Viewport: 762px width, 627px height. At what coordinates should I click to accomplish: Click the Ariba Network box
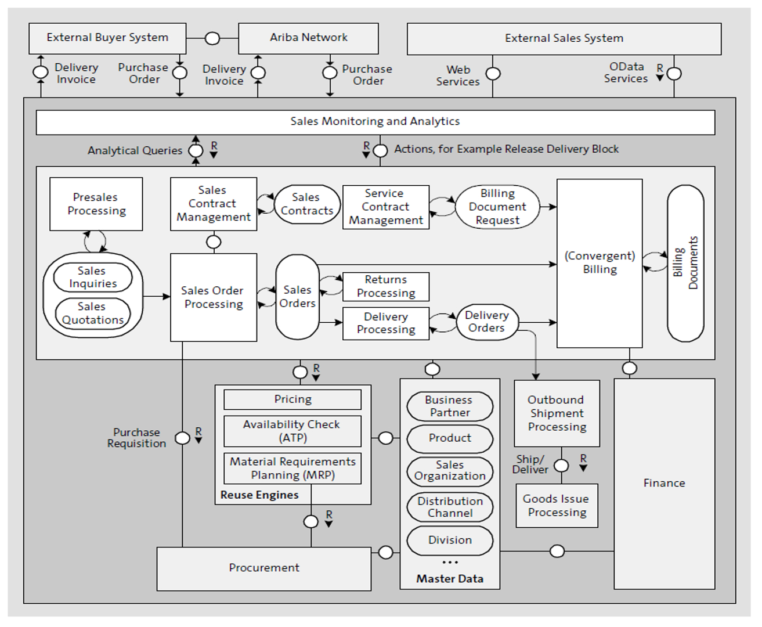click(308, 39)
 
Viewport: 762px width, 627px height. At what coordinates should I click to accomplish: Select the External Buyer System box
click(107, 39)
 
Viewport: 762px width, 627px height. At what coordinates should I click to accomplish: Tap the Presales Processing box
click(96, 204)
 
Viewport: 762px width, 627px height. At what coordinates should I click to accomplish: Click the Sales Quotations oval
click(93, 313)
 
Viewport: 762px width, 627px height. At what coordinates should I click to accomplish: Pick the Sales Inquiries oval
click(93, 277)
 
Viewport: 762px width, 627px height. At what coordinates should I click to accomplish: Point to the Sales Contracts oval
click(307, 204)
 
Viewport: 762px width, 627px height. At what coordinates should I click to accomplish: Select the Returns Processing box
click(386, 287)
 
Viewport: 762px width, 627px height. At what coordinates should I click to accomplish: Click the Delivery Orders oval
click(487, 322)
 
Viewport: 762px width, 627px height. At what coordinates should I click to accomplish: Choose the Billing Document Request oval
click(497, 207)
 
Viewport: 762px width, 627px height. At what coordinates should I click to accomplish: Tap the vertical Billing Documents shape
click(685, 263)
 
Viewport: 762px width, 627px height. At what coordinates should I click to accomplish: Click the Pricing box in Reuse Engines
click(292, 399)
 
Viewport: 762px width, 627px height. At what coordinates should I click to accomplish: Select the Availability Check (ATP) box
click(292, 431)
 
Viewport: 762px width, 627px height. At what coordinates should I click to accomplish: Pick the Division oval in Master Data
click(450, 540)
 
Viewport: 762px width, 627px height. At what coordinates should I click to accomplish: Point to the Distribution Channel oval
click(450, 507)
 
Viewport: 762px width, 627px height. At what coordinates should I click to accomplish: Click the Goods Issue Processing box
click(557, 506)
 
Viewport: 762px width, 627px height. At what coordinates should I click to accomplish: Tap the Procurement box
click(263, 569)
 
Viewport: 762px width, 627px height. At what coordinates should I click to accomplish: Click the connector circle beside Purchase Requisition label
click(182, 438)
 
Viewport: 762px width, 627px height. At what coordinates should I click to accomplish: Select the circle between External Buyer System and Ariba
click(212, 38)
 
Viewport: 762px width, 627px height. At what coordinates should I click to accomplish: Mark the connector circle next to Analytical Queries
click(196, 150)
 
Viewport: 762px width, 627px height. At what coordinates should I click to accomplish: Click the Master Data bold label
click(450, 579)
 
